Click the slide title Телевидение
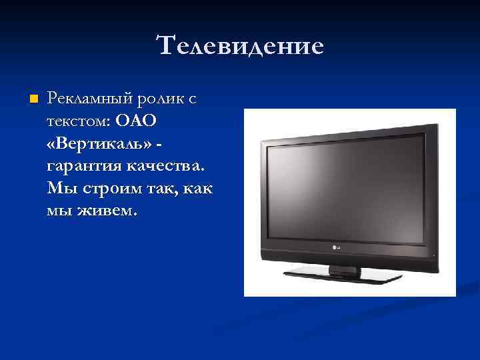click(x=240, y=46)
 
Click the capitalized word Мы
click(x=59, y=189)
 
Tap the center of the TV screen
click(x=344, y=187)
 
